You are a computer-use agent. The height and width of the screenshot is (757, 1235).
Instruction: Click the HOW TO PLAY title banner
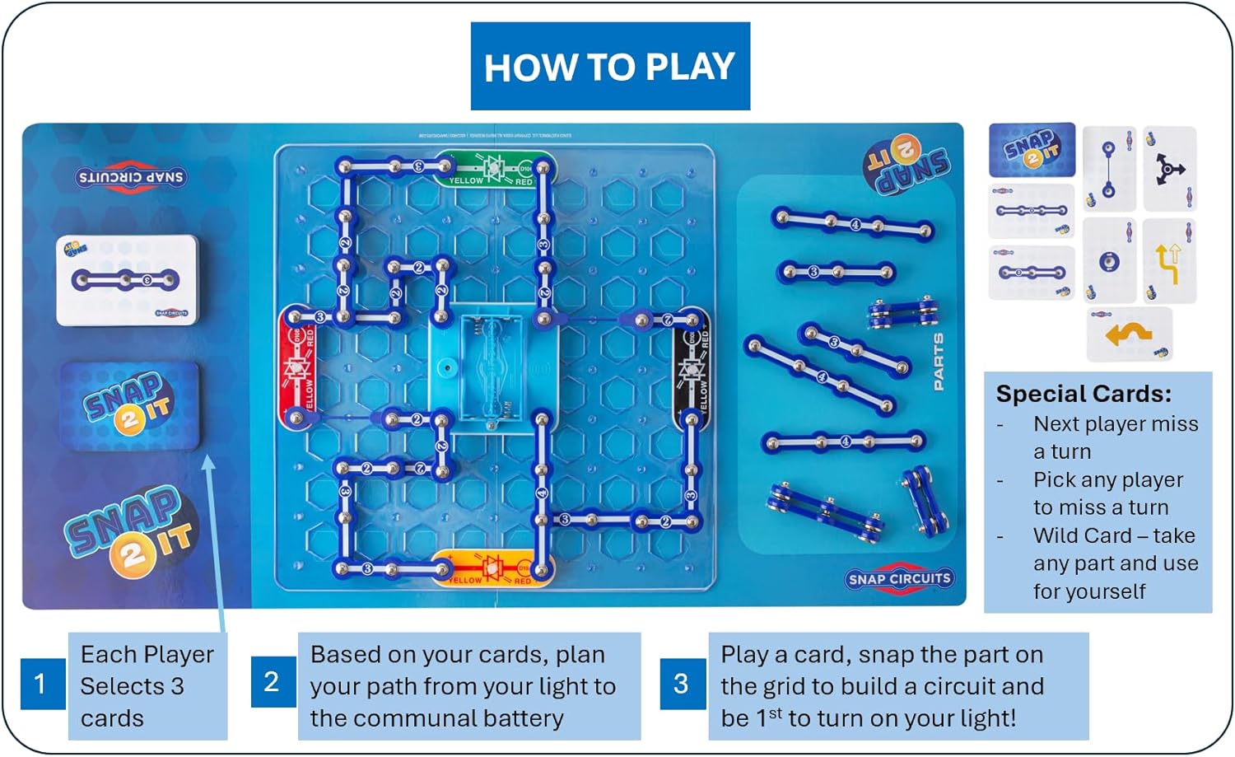pyautogui.click(x=610, y=66)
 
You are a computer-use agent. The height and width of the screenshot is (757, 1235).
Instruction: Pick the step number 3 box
pyautogui.click(x=682, y=683)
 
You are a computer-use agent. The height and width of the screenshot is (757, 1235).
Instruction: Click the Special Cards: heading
pyautogui.click(x=1084, y=394)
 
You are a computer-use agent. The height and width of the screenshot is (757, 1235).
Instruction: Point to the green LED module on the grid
pyautogui.click(x=495, y=169)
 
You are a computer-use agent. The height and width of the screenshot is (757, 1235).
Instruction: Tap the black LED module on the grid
pyautogui.click(x=692, y=369)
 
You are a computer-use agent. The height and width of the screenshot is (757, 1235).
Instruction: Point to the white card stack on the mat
pyautogui.click(x=127, y=280)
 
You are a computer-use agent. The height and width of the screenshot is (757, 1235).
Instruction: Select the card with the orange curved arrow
pyautogui.click(x=1129, y=334)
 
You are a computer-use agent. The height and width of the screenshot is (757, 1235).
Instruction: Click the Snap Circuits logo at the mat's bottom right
pyautogui.click(x=899, y=578)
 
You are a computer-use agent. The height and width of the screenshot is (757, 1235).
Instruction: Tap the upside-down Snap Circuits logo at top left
pyautogui.click(x=130, y=177)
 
